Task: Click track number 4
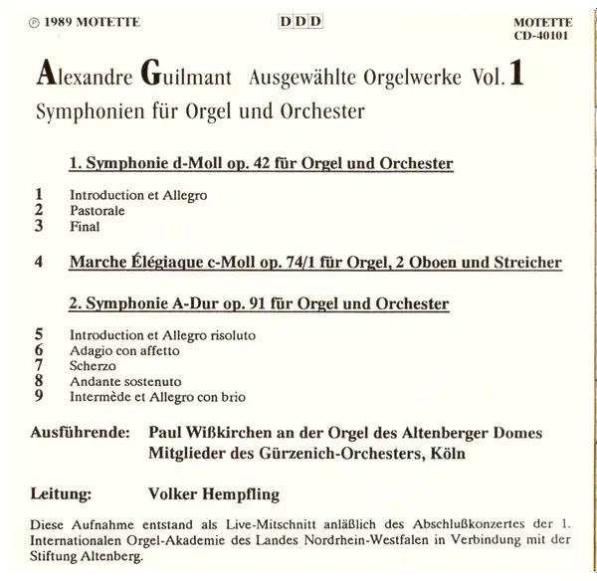click(38, 263)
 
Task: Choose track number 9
click(38, 397)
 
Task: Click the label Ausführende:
click(82, 434)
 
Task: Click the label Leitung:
click(64, 492)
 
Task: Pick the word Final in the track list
click(84, 228)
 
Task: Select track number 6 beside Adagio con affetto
click(38, 350)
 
